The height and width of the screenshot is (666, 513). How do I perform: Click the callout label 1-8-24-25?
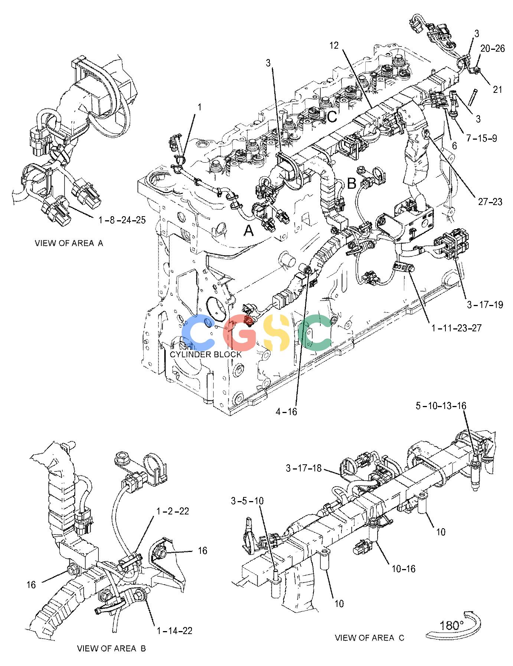pos(122,220)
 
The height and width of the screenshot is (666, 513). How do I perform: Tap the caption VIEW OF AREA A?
pos(69,243)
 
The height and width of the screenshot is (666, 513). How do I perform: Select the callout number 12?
pos(334,45)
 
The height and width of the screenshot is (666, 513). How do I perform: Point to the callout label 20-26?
pos(493,49)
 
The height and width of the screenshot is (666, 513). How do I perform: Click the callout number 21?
pos(497,89)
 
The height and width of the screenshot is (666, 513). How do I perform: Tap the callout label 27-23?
pos(490,202)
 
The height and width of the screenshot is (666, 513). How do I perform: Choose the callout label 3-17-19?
pos(485,305)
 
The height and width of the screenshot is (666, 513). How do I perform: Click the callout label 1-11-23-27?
pos(457,328)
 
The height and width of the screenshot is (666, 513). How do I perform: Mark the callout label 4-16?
pos(286,411)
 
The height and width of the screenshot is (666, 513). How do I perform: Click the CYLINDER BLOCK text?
pos(206,354)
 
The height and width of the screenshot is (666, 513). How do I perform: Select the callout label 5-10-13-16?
pos(441,406)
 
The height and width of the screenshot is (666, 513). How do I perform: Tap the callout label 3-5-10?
pos(247,501)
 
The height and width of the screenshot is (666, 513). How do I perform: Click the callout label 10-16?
pos(403,568)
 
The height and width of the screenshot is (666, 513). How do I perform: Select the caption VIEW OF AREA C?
pos(370,638)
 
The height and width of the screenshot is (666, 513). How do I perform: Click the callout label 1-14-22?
pos(174,630)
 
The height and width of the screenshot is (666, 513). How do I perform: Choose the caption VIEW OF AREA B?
pos(111,649)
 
